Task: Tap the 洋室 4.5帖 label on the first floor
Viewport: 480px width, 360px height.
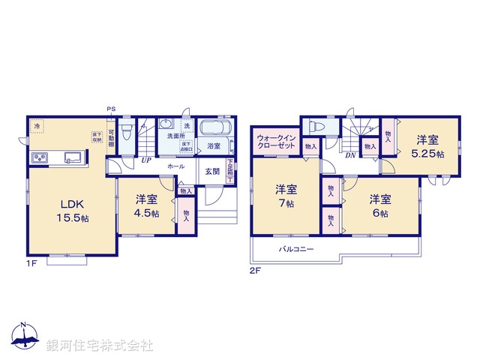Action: tap(146, 205)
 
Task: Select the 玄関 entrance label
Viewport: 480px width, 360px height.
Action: tap(212, 171)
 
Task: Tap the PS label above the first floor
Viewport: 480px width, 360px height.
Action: tap(111, 109)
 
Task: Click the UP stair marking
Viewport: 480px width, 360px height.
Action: tap(144, 159)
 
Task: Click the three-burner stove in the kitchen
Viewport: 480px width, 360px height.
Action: tap(40, 157)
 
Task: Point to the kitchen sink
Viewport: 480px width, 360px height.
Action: tap(73, 157)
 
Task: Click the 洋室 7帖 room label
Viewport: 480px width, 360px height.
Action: tap(283, 195)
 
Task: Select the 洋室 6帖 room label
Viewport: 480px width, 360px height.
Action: tap(379, 205)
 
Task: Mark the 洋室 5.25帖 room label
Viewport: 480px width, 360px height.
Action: tap(428, 145)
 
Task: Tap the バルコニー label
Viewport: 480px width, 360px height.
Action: tap(296, 248)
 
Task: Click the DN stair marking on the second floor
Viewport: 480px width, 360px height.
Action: tap(350, 155)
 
